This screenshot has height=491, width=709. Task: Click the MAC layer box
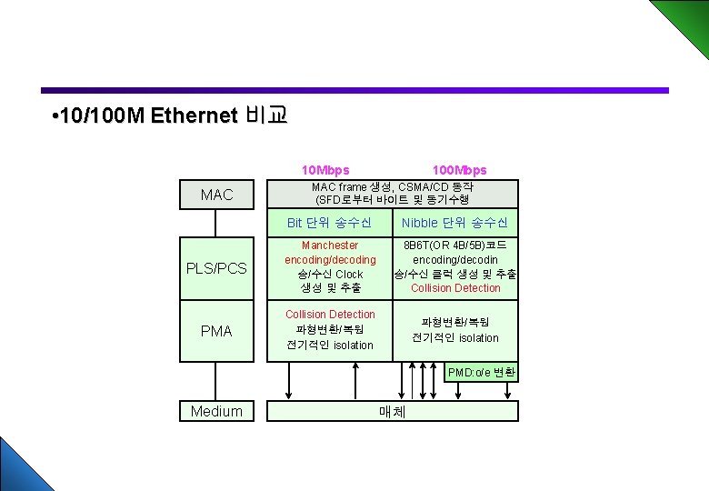216,195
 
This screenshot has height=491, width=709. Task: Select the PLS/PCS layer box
216,268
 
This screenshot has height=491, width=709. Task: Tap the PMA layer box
216,331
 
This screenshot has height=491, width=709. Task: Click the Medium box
216,411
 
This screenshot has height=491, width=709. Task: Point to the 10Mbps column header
325,170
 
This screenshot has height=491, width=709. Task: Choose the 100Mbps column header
459,170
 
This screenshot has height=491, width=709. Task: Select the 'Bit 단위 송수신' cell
329,223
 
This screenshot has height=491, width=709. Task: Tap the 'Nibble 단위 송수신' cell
454,223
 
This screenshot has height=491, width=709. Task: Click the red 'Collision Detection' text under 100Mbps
455,288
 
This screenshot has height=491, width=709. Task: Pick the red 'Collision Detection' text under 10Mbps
330,315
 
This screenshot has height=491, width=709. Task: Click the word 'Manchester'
330,245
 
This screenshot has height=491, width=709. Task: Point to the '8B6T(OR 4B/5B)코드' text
455,245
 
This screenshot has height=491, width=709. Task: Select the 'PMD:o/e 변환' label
482,372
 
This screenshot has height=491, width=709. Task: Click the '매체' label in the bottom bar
392,412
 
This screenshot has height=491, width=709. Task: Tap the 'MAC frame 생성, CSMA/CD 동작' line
392,187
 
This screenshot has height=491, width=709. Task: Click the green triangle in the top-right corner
685,20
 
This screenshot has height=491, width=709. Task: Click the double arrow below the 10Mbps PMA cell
289,380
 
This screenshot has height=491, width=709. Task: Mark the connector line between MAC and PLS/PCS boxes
216,222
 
